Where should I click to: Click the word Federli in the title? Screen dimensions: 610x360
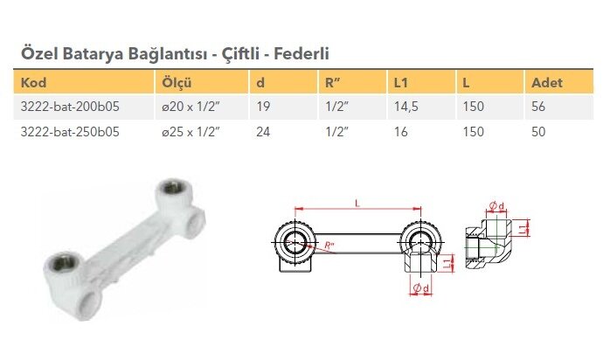click(302, 53)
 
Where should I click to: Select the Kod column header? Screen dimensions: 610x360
click(33, 82)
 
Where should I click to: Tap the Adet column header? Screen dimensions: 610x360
click(547, 82)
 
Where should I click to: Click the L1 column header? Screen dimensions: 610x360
click(401, 82)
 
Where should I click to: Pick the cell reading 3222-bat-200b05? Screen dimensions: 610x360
click(70, 107)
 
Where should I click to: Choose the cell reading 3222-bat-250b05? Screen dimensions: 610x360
click(70, 132)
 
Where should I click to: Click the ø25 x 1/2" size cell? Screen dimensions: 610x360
click(191, 132)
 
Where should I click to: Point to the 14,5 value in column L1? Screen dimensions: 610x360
click(406, 107)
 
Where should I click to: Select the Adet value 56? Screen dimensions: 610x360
click(538, 107)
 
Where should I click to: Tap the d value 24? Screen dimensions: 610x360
click(263, 132)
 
